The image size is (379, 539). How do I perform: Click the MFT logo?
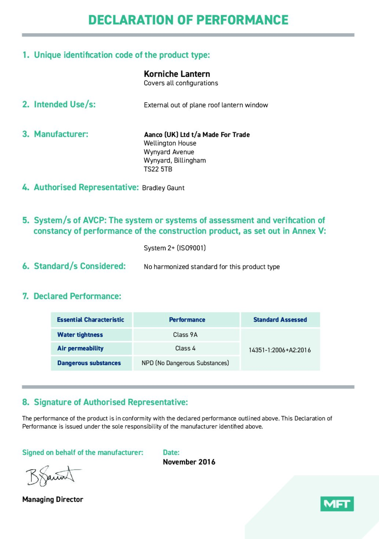click(337, 503)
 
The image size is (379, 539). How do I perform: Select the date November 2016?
click(189, 462)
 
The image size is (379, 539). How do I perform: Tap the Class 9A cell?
click(185, 335)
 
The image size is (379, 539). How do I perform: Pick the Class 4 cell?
click(185, 348)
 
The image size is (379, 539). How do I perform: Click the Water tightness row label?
click(80, 335)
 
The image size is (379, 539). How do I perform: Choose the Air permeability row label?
click(81, 348)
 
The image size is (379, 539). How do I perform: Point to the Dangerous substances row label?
click(89, 363)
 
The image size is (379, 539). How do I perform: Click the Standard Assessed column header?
click(280, 320)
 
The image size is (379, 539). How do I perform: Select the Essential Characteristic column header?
click(91, 320)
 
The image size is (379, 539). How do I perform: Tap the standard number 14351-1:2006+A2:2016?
click(280, 350)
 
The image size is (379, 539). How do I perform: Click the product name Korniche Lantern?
click(177, 74)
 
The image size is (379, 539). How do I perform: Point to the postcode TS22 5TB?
click(158, 169)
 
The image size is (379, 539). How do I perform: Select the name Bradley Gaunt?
click(163, 188)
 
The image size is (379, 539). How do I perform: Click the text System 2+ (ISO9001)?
click(175, 248)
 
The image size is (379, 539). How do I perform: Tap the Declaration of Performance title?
click(188, 20)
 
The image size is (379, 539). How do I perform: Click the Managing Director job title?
click(53, 500)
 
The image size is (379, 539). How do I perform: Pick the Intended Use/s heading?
click(59, 105)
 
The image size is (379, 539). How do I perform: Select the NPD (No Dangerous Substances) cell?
click(185, 363)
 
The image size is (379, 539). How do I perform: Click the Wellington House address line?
click(170, 143)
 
